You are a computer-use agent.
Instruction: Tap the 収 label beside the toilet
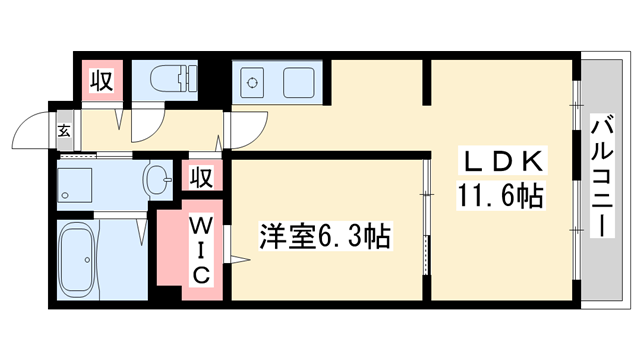click(102, 78)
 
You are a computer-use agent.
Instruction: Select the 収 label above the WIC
click(201, 177)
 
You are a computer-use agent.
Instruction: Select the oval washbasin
click(157, 181)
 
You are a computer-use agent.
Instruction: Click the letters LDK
click(502, 160)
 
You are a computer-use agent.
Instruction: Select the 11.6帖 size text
click(501, 192)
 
